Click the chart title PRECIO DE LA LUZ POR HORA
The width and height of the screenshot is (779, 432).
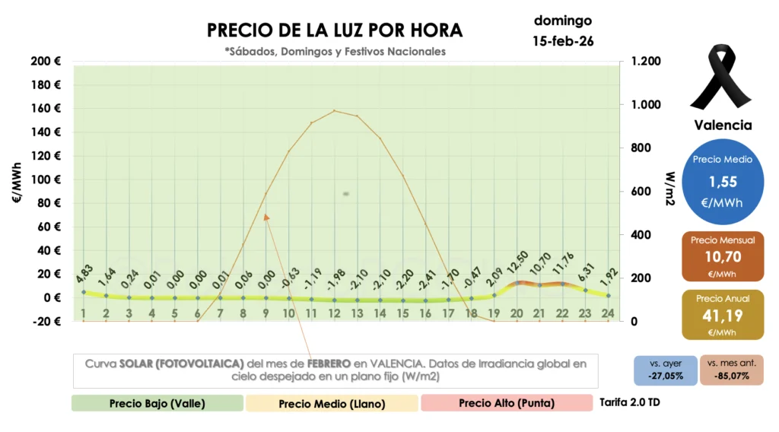coord(335,30)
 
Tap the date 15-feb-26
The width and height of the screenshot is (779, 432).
coord(563,41)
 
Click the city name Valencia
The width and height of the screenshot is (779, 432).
coord(723,125)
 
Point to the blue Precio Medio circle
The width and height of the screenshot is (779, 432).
coord(723,181)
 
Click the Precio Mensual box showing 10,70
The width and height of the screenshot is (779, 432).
coord(723,257)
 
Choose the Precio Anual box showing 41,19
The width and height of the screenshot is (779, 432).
coord(723,313)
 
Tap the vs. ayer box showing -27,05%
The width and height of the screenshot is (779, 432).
coord(665,370)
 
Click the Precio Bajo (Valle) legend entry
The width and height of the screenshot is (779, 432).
coord(157,403)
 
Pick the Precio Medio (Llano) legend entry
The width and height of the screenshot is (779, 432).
coord(332,403)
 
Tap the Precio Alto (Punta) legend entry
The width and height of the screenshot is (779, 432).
coord(506,403)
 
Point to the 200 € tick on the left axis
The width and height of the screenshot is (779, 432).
coord(47,61)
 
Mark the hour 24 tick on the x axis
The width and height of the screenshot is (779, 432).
coord(608,313)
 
